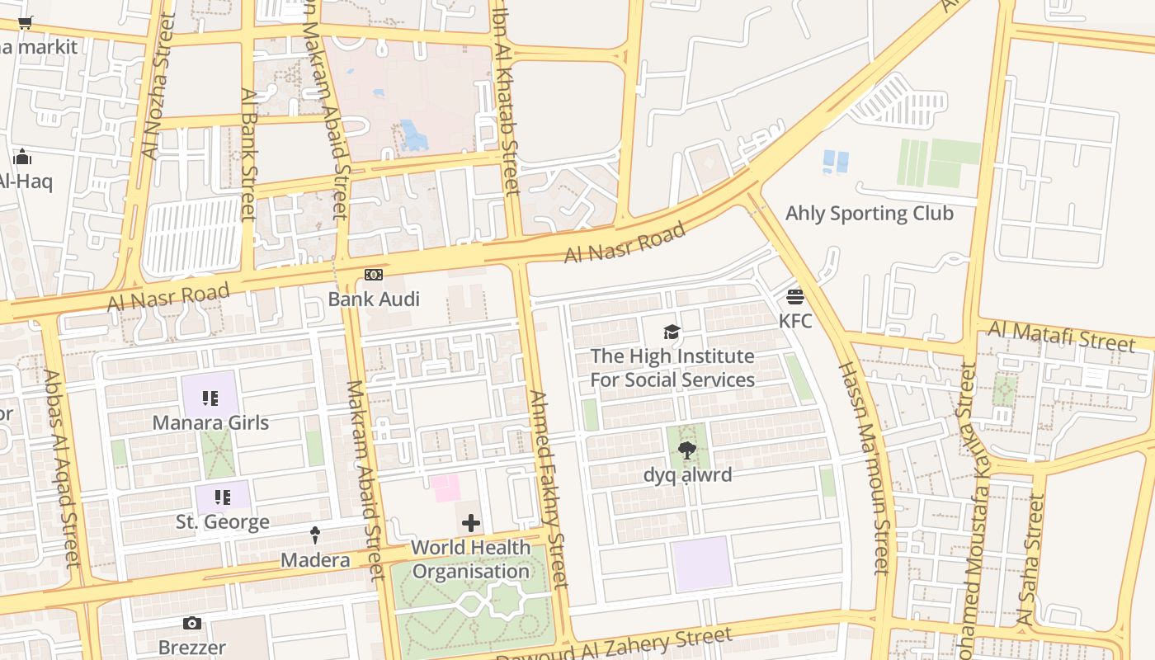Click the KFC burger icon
click(x=795, y=296)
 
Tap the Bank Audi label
click(x=374, y=299)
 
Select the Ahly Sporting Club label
click(x=869, y=213)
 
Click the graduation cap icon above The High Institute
click(x=672, y=332)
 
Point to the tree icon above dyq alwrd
click(x=686, y=450)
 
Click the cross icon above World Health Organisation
click(x=470, y=523)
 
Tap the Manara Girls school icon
click(x=210, y=399)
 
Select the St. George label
click(x=223, y=522)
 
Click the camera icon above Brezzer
click(x=191, y=624)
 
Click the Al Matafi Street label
click(x=1061, y=337)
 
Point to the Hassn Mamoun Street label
click(x=865, y=466)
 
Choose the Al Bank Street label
click(x=248, y=155)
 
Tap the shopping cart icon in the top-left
click(x=25, y=23)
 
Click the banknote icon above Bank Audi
click(x=374, y=275)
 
